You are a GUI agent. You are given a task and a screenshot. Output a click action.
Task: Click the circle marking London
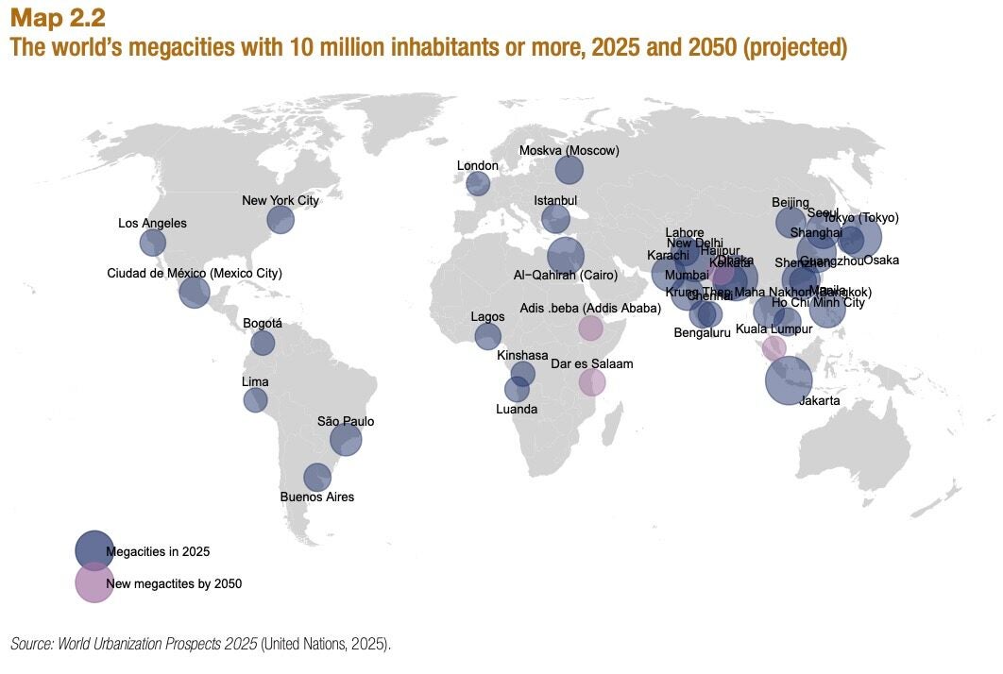tap(478, 183)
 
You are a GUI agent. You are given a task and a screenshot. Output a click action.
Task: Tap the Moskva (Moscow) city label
tap(569, 150)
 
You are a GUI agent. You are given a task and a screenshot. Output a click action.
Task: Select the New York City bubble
tap(280, 220)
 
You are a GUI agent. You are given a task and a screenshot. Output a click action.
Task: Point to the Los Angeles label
tap(152, 224)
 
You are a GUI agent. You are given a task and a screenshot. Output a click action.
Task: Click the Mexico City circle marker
tap(194, 293)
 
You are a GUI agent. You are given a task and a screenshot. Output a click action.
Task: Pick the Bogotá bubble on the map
tap(263, 343)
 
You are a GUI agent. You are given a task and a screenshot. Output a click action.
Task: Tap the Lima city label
tap(255, 382)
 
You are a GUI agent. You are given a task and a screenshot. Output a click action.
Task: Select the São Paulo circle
tap(346, 439)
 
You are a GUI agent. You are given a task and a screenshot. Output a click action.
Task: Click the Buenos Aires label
tap(317, 497)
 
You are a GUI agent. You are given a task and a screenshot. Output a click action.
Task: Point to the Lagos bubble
tap(487, 336)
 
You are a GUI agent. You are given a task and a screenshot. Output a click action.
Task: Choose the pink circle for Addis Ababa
tap(590, 328)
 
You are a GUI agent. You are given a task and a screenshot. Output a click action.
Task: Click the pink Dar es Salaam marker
tap(592, 382)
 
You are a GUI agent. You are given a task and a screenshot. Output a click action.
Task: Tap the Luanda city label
tap(517, 409)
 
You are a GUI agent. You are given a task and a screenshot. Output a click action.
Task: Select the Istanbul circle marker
tap(555, 220)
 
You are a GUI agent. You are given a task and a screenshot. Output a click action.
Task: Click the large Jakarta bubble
tap(788, 380)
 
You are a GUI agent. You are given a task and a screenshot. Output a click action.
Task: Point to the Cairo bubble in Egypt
tap(565, 255)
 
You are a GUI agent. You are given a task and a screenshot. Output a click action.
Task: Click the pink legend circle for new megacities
tap(94, 582)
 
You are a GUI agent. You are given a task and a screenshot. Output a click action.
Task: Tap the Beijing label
tap(790, 202)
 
